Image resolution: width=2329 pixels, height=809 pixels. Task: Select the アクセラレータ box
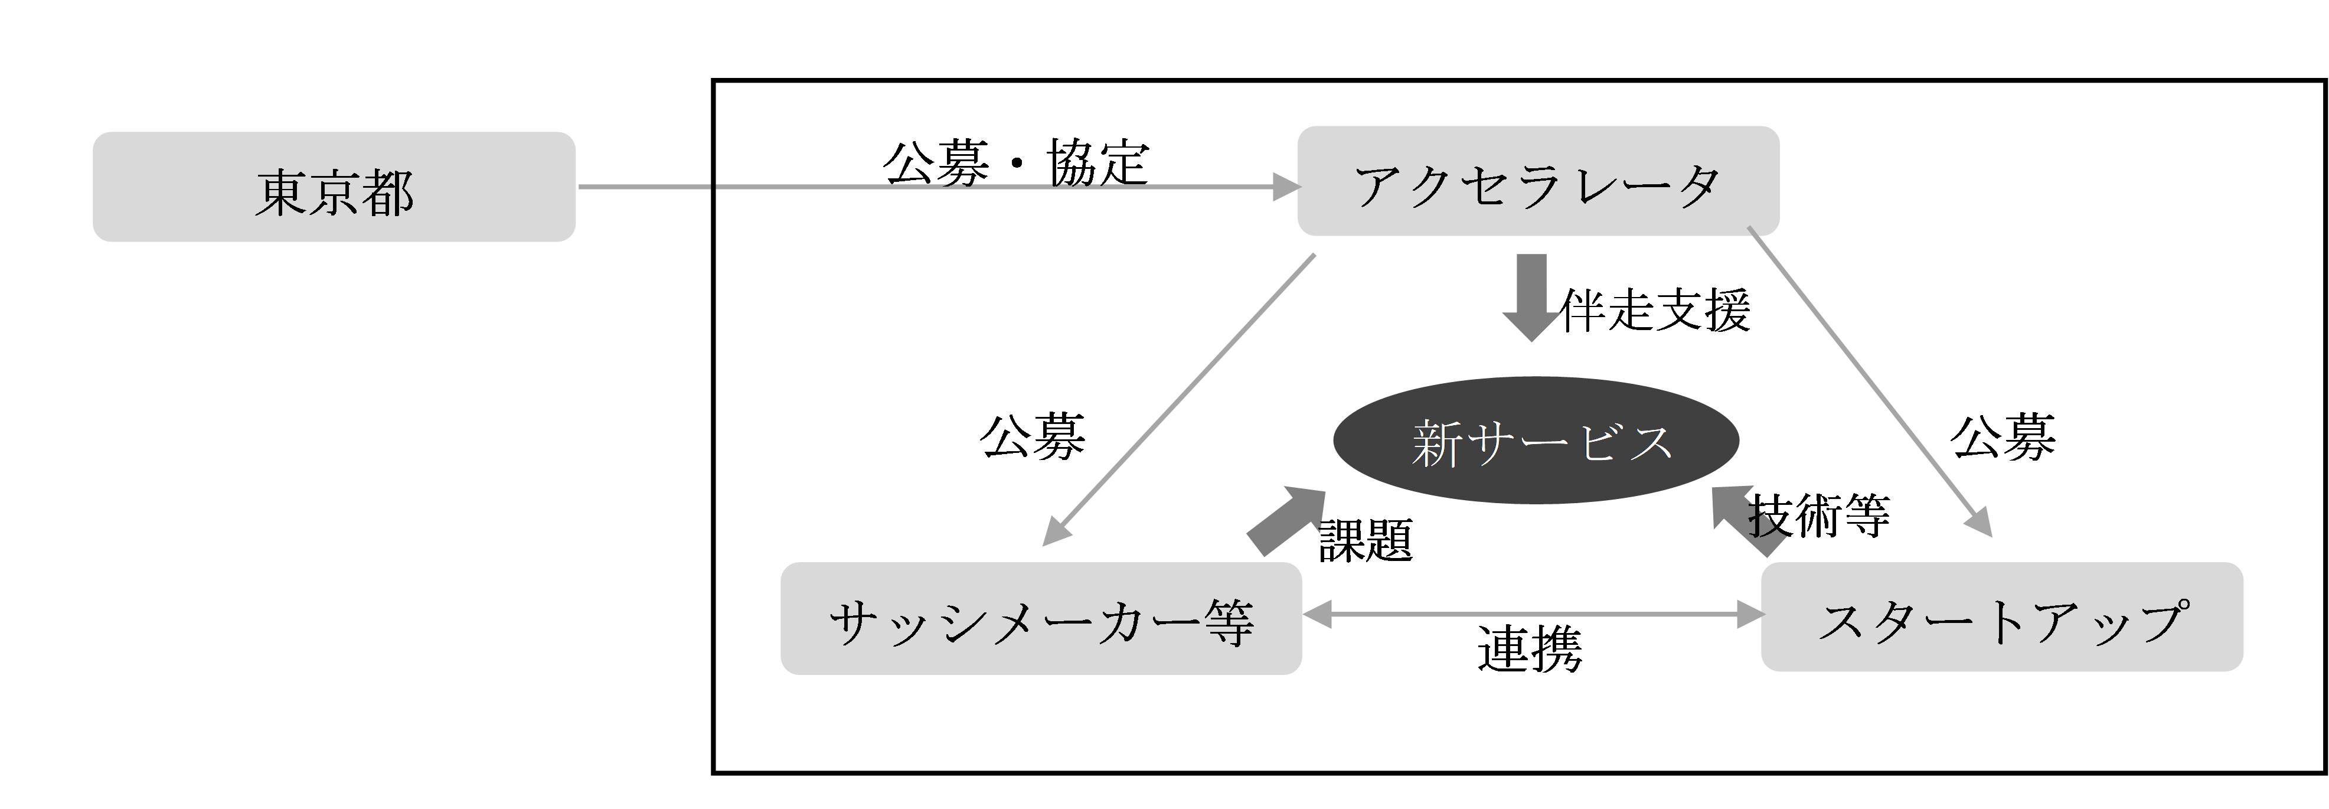(1538, 182)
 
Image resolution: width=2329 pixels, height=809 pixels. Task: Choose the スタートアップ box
(2002, 617)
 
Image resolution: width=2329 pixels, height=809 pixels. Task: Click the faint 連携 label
(1531, 651)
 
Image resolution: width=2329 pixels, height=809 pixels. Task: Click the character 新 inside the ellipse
(1438, 443)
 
